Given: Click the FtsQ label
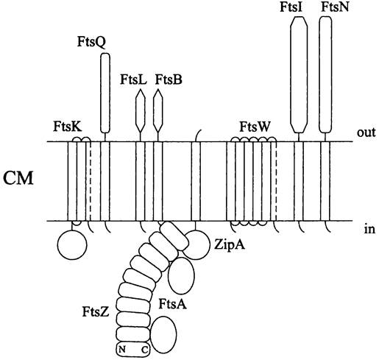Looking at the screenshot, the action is (91, 42).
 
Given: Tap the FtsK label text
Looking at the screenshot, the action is (68, 127).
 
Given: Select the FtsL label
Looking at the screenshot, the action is (133, 80).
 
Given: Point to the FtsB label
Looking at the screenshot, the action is (169, 80).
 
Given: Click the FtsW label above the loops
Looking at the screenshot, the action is (255, 127).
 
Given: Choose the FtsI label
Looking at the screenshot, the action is (291, 7).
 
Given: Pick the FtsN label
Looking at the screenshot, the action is (335, 7).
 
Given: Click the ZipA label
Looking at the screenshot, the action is (230, 244).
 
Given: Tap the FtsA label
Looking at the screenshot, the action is (173, 304).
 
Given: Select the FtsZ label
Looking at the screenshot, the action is (96, 312).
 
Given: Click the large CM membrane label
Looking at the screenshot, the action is (18, 178).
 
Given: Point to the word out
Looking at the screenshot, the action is (366, 133).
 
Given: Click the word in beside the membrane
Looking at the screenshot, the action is (369, 230).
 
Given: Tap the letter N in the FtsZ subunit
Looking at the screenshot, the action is (122, 349).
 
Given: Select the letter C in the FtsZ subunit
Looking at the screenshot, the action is (144, 350).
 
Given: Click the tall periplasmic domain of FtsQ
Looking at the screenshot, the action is (105, 93).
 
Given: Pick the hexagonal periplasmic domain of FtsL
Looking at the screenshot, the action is (141, 111).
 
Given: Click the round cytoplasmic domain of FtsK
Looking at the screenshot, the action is (72, 244).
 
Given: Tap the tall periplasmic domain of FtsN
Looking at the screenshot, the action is (325, 74).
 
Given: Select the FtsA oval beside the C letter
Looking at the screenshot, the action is (163, 334).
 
